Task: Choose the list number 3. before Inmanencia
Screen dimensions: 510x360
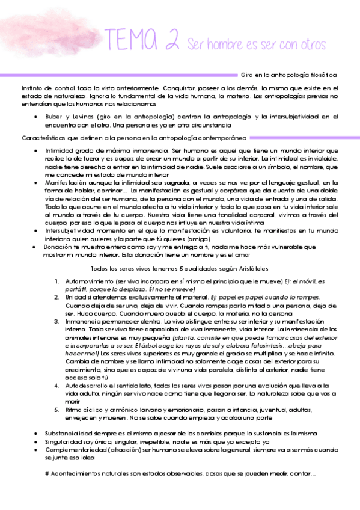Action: (x=56, y=322)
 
